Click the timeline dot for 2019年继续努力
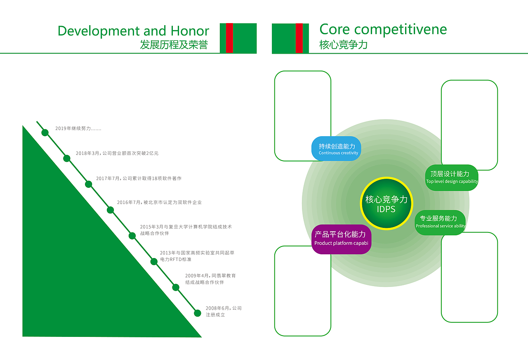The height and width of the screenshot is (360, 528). click(x=45, y=133)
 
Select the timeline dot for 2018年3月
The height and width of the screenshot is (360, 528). click(x=67, y=158)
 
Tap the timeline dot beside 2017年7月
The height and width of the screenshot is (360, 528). click(x=88, y=184)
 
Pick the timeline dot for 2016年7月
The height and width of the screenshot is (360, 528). click(x=110, y=210)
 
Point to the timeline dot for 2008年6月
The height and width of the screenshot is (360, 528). click(x=198, y=313)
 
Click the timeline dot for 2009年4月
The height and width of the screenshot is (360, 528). click(x=176, y=287)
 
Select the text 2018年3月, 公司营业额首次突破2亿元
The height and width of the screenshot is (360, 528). click(x=117, y=153)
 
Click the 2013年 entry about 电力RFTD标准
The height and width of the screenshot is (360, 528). click(x=197, y=256)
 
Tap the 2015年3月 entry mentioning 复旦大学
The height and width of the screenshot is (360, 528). click(x=186, y=230)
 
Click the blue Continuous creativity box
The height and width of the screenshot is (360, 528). click(x=337, y=149)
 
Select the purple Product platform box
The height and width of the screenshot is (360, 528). click(x=341, y=239)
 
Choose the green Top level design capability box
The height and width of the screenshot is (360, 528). click(x=451, y=178)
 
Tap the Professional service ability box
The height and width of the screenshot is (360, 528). click(x=440, y=223)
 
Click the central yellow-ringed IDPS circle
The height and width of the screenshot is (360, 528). click(x=387, y=204)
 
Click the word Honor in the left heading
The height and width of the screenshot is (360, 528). click(x=190, y=31)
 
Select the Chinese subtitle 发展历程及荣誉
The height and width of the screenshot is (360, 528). click(x=174, y=45)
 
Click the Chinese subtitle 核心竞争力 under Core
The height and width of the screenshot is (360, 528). click(x=343, y=45)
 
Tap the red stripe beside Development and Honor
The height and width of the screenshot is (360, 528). click(x=229, y=38)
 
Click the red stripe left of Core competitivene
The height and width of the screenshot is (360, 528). click(x=299, y=38)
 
